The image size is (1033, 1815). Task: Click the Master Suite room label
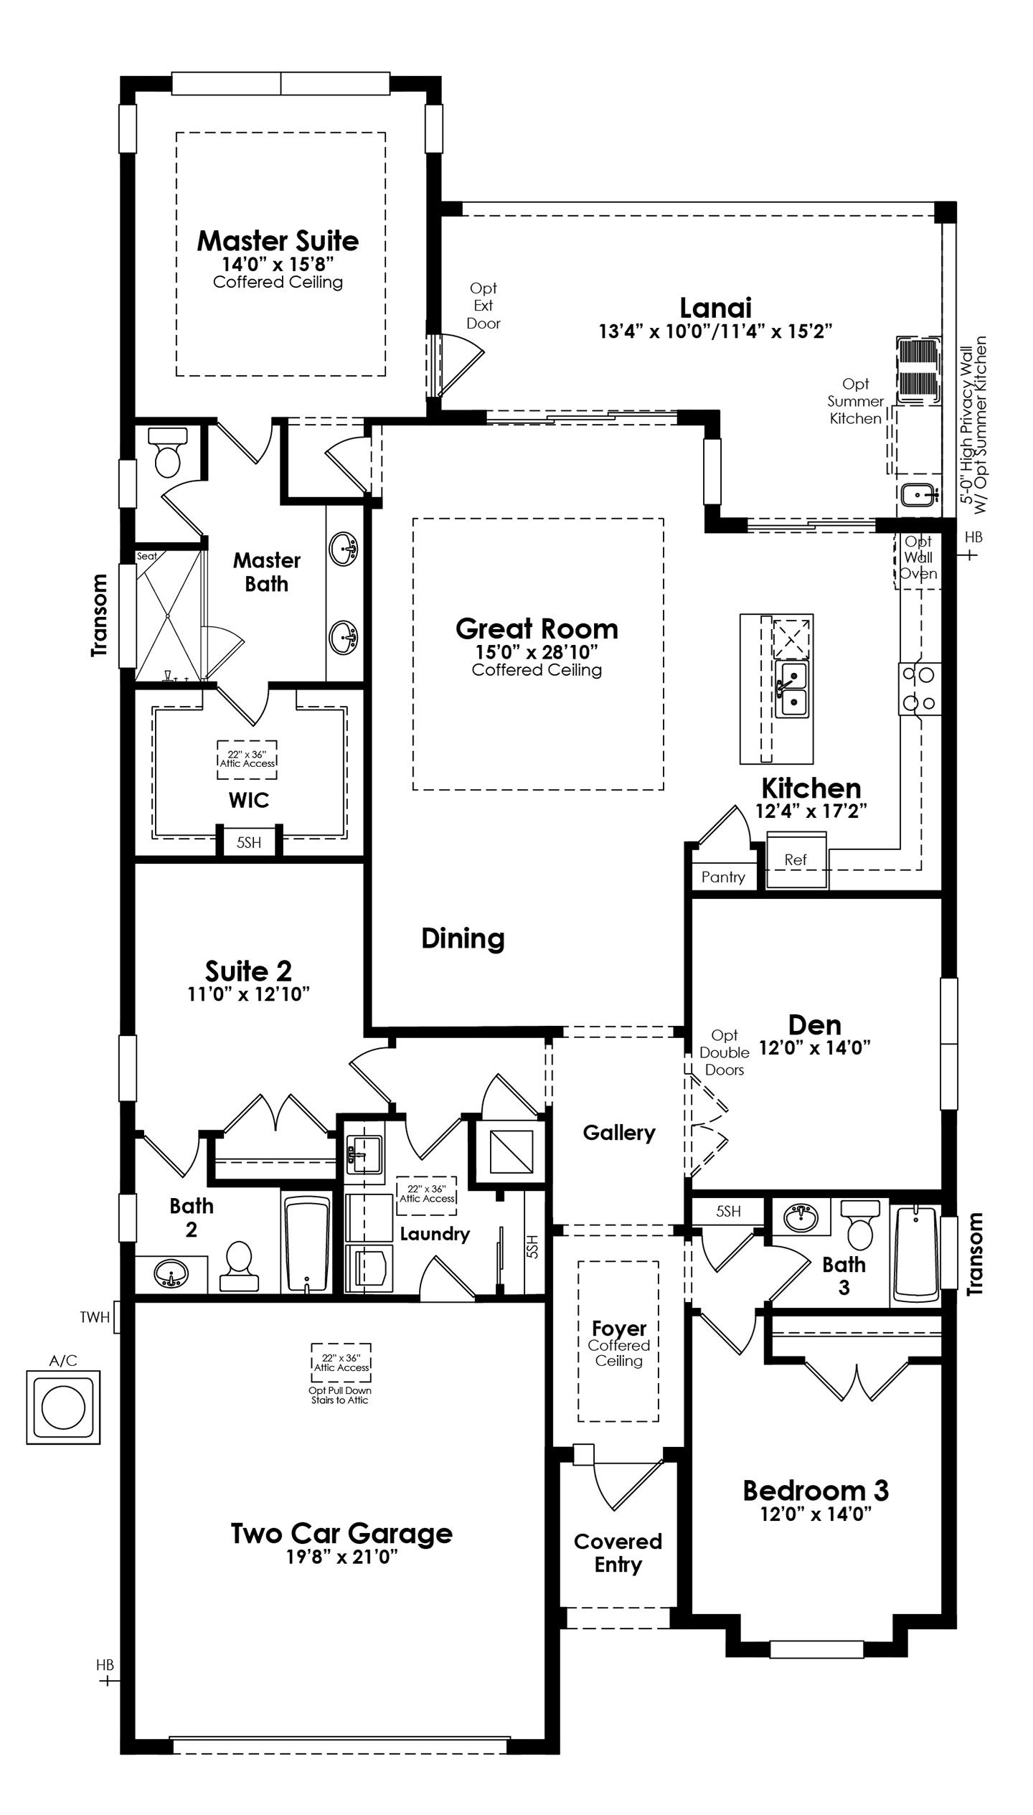click(x=278, y=241)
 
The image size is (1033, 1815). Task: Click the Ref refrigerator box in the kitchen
click(x=796, y=860)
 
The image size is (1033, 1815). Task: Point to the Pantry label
click(x=723, y=877)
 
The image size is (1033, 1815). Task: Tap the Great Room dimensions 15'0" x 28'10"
click(x=537, y=651)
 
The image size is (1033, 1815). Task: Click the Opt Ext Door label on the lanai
click(x=484, y=306)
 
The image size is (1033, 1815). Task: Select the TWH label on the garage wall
click(x=95, y=1317)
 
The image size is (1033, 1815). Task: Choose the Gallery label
click(x=619, y=1133)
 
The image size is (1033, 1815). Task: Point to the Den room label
click(x=815, y=1024)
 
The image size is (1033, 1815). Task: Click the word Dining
click(x=463, y=938)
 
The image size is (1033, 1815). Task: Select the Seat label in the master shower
click(x=147, y=556)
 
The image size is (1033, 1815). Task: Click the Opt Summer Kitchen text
click(x=856, y=401)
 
